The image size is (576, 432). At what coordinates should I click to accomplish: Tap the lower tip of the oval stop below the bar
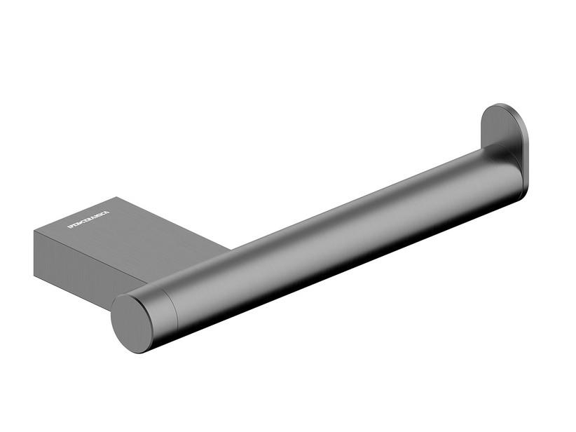pyautogui.click(x=519, y=195)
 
